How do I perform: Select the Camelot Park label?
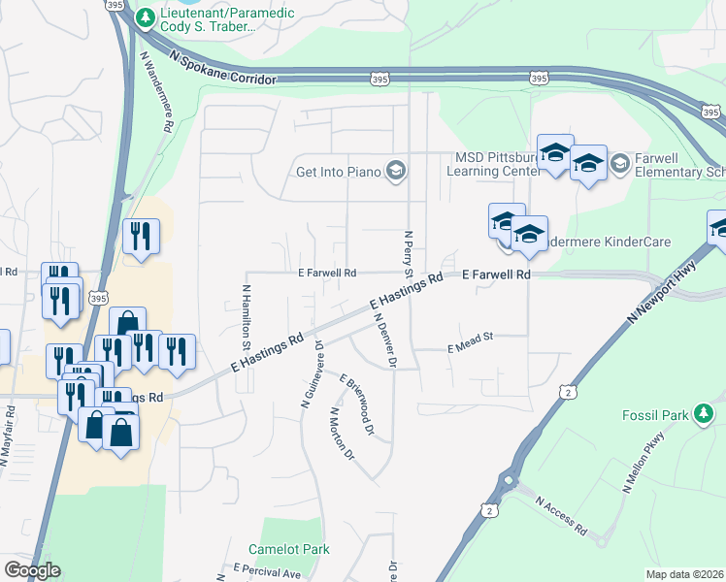289,549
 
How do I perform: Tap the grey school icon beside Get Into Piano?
395,172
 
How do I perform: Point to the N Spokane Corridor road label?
222,71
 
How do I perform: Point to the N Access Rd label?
562,515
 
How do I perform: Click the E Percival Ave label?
267,570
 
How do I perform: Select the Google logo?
32,569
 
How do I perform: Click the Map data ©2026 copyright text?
685,574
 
